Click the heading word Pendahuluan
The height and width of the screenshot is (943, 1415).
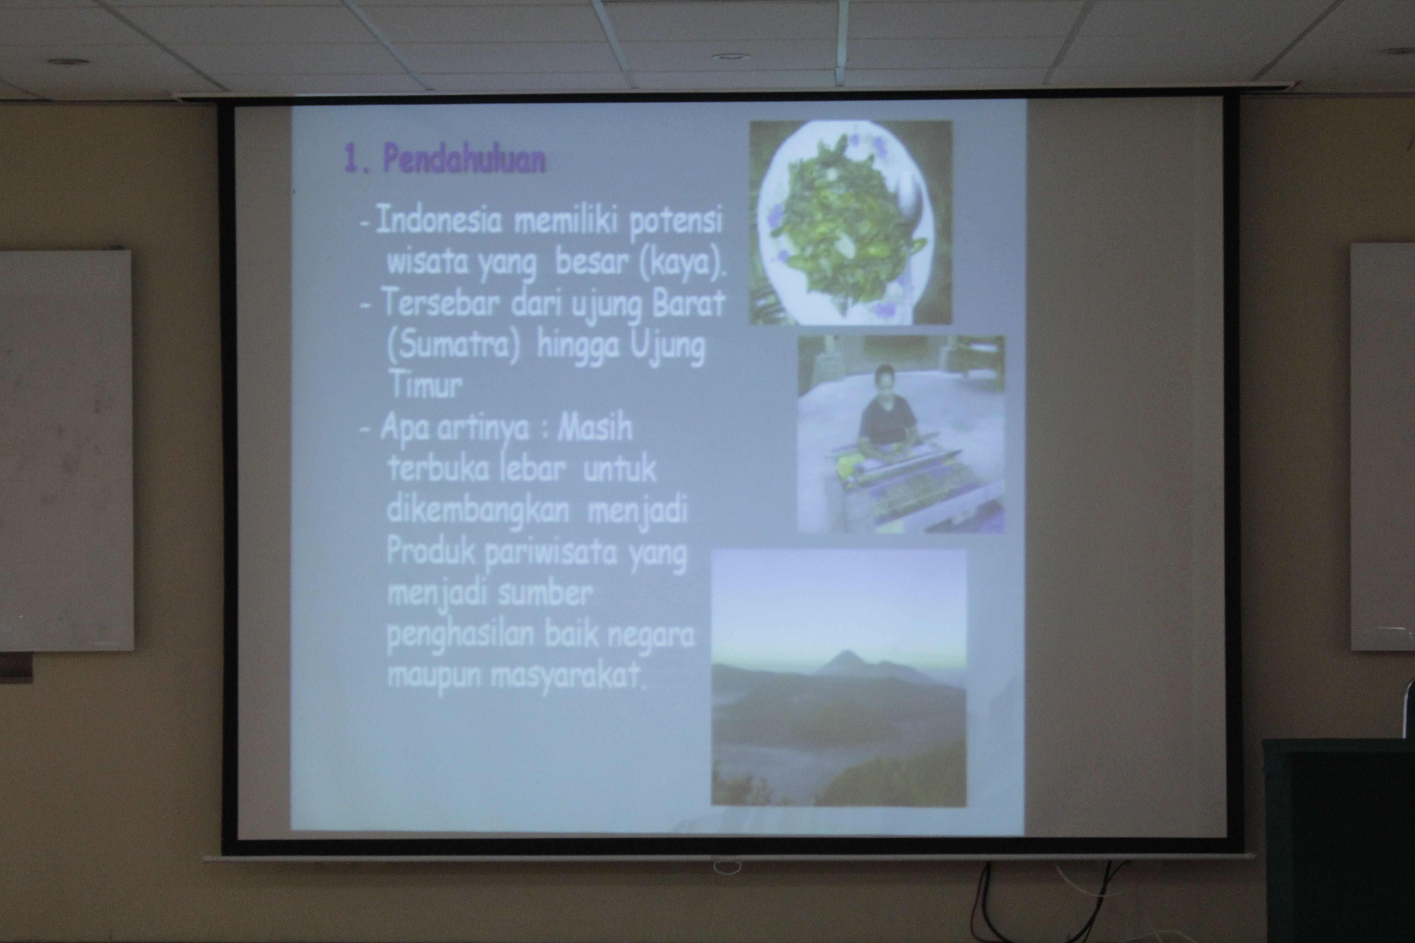click(x=464, y=159)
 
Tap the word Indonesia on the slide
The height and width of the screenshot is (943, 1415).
click(x=439, y=221)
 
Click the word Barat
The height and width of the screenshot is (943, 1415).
click(x=689, y=304)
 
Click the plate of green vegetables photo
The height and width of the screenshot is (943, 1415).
click(x=850, y=223)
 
